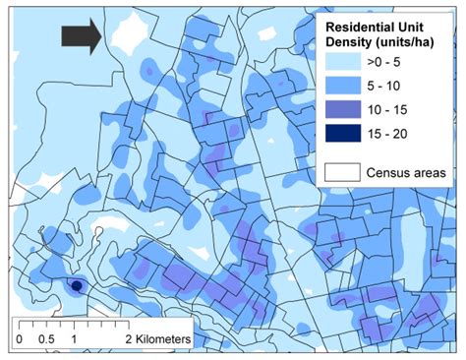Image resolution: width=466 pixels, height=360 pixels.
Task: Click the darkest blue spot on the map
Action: pyautogui.click(x=75, y=286)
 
